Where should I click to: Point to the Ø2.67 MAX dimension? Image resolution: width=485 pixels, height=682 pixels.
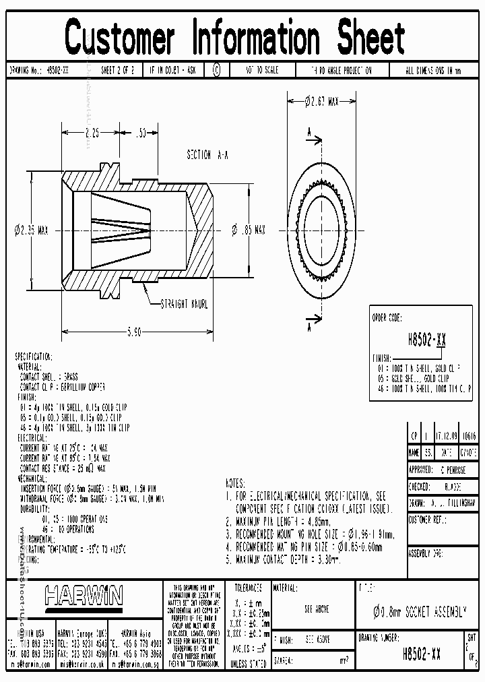pyautogui.click(x=321, y=101)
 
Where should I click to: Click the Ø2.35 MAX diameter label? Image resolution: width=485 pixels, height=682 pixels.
pyautogui.click(x=32, y=230)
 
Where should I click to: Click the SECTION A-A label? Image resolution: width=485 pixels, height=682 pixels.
pyautogui.click(x=207, y=155)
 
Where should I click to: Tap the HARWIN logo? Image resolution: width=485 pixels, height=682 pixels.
pyautogui.click(x=84, y=595)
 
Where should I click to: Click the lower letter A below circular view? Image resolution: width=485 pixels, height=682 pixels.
pyautogui.click(x=308, y=327)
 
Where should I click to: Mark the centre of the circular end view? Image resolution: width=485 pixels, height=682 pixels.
pyautogui.click(x=321, y=230)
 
